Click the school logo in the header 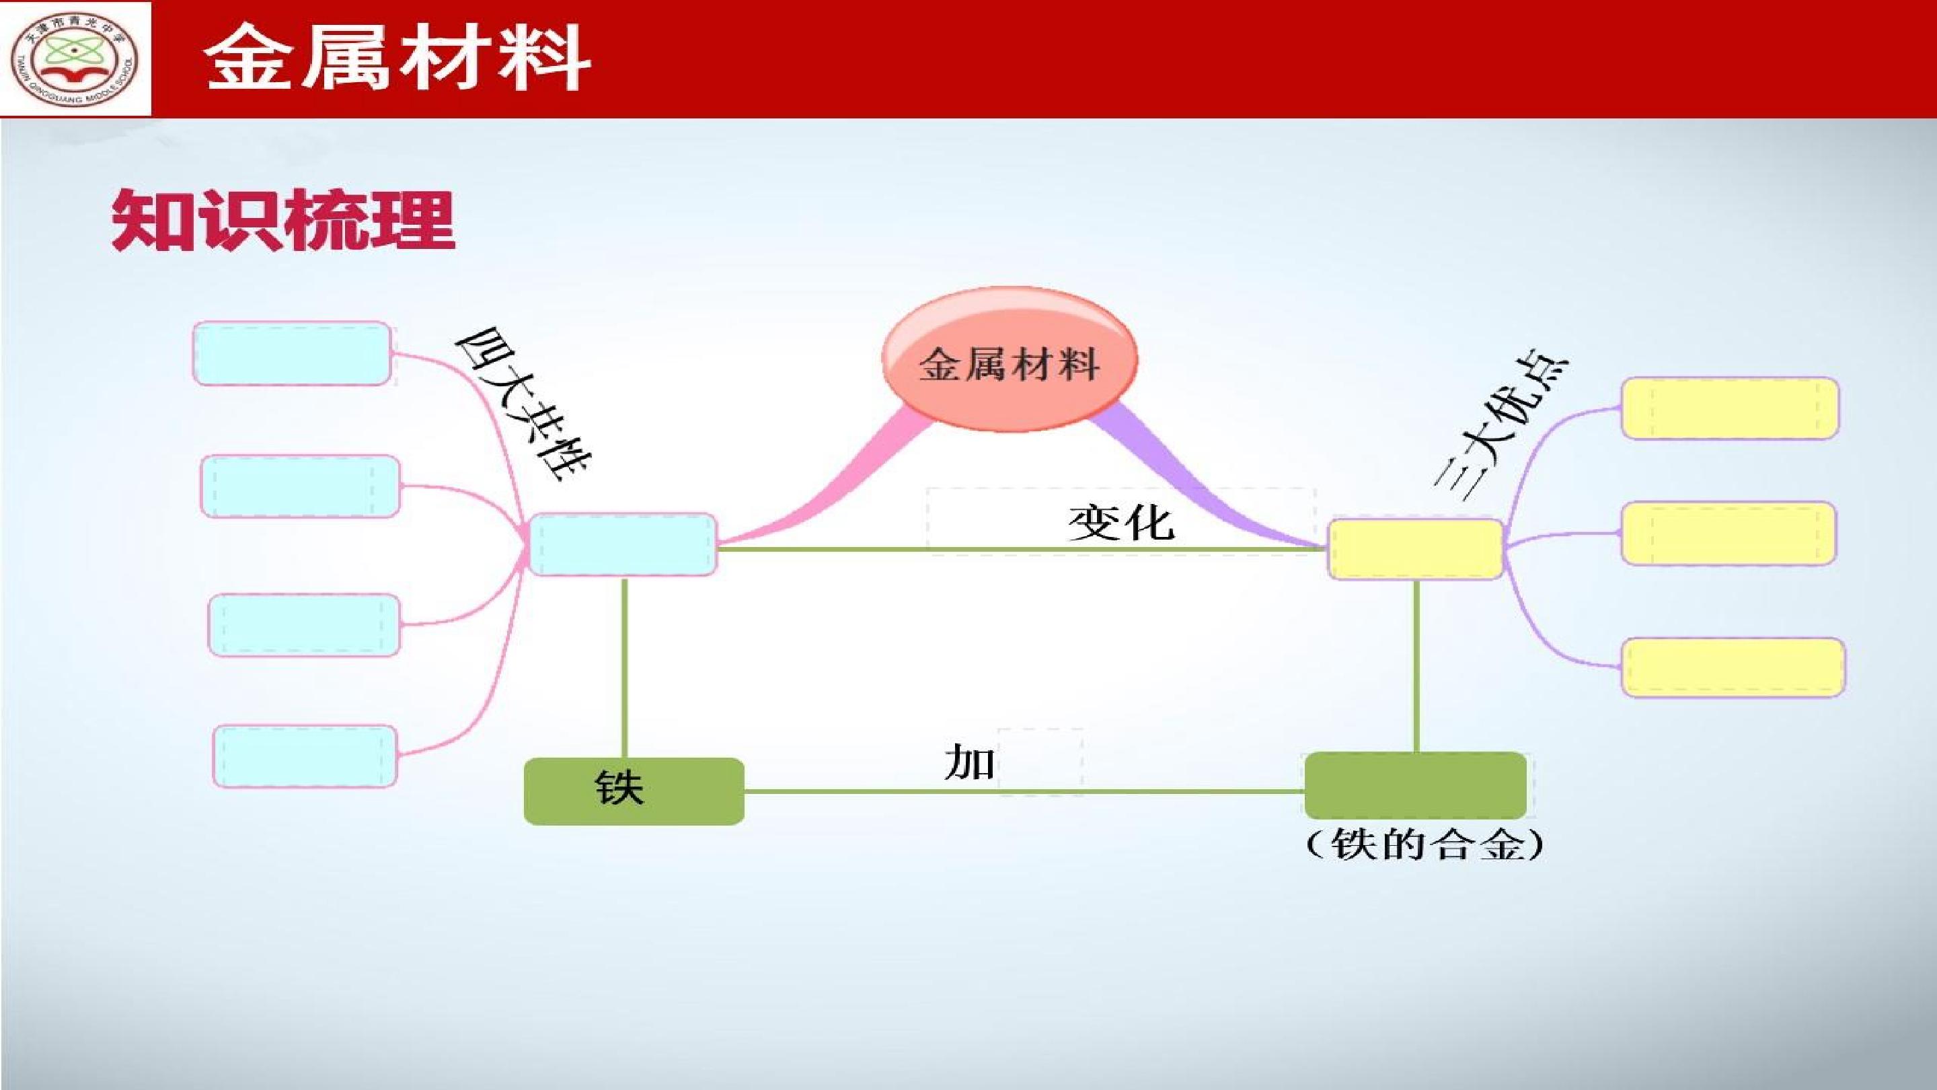coord(75,59)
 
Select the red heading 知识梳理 coord(282,219)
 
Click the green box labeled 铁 coord(634,791)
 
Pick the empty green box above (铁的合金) coord(1415,785)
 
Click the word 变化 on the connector coord(1121,521)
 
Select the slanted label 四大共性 coord(523,404)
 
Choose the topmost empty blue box coord(293,353)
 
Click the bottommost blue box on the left coord(305,756)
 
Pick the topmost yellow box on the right coord(1729,408)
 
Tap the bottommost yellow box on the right coord(1733,667)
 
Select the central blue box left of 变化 coord(623,544)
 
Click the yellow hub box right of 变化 coord(1415,549)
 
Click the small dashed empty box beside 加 coord(1040,760)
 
